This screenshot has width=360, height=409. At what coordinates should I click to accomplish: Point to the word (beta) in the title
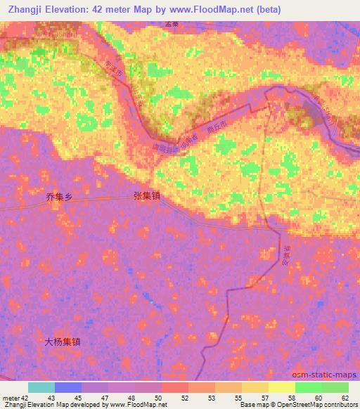click(265, 10)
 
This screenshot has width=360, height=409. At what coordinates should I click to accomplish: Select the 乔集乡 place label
click(58, 197)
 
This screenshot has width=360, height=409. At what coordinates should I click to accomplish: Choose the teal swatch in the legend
click(41, 387)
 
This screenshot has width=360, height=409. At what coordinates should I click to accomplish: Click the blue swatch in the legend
click(68, 387)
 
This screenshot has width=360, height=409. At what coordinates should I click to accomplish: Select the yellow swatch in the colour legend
click(281, 387)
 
